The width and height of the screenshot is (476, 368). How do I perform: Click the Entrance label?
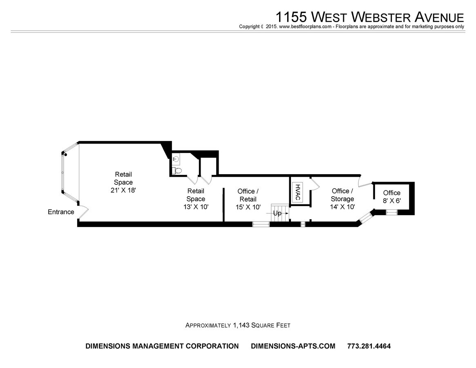61,212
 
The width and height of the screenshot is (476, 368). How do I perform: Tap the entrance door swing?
83,212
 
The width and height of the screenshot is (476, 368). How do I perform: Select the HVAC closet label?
297,191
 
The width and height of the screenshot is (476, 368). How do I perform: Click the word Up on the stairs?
277,213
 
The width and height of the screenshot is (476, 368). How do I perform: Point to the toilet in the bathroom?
176,170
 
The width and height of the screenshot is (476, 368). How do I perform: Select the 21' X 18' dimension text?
123,190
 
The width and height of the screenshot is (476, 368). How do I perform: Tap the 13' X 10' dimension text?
196,207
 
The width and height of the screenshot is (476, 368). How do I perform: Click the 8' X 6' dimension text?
392,201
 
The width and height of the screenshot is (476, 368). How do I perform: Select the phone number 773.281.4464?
369,346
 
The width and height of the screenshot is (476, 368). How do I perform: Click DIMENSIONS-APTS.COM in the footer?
293,346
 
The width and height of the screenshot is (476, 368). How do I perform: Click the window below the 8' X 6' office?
391,213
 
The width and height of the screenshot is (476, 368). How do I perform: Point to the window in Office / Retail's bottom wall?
261,224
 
